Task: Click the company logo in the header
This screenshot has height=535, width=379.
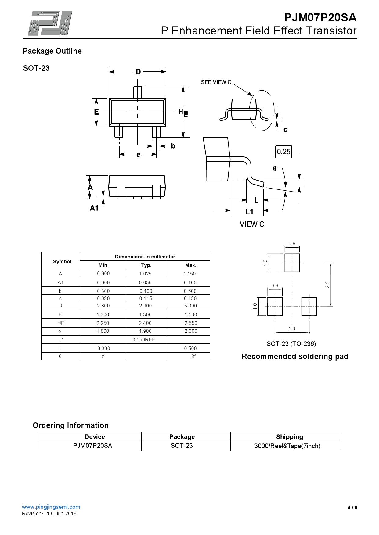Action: click(x=50, y=23)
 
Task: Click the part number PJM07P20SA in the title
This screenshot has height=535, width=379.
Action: click(x=320, y=18)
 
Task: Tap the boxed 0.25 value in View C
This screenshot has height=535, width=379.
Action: click(x=283, y=152)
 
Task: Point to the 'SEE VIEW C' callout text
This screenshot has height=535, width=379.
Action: click(x=216, y=82)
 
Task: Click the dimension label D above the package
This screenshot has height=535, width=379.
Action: click(x=138, y=72)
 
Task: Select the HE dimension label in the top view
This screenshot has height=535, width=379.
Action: click(x=183, y=113)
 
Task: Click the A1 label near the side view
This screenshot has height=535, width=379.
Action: click(x=94, y=208)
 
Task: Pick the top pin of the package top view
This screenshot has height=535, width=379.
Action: click(x=137, y=92)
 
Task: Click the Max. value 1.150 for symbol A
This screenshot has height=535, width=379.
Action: click(x=189, y=274)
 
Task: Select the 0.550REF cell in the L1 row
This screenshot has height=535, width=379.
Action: click(x=144, y=339)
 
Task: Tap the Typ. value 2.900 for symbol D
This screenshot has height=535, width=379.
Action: click(x=145, y=306)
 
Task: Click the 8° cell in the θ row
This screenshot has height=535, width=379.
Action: click(x=193, y=356)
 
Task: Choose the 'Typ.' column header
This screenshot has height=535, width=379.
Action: click(x=146, y=265)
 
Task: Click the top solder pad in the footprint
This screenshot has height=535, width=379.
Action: click(x=292, y=263)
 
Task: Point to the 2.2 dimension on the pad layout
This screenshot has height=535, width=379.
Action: click(x=327, y=285)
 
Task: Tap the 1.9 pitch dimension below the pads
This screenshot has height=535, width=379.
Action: click(x=292, y=329)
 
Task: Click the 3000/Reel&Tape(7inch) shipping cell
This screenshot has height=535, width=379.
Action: click(x=287, y=446)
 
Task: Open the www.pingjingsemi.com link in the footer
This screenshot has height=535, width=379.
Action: click(x=51, y=507)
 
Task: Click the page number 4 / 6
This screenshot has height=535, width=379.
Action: click(x=352, y=508)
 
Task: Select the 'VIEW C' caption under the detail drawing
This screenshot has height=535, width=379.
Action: click(x=252, y=224)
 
